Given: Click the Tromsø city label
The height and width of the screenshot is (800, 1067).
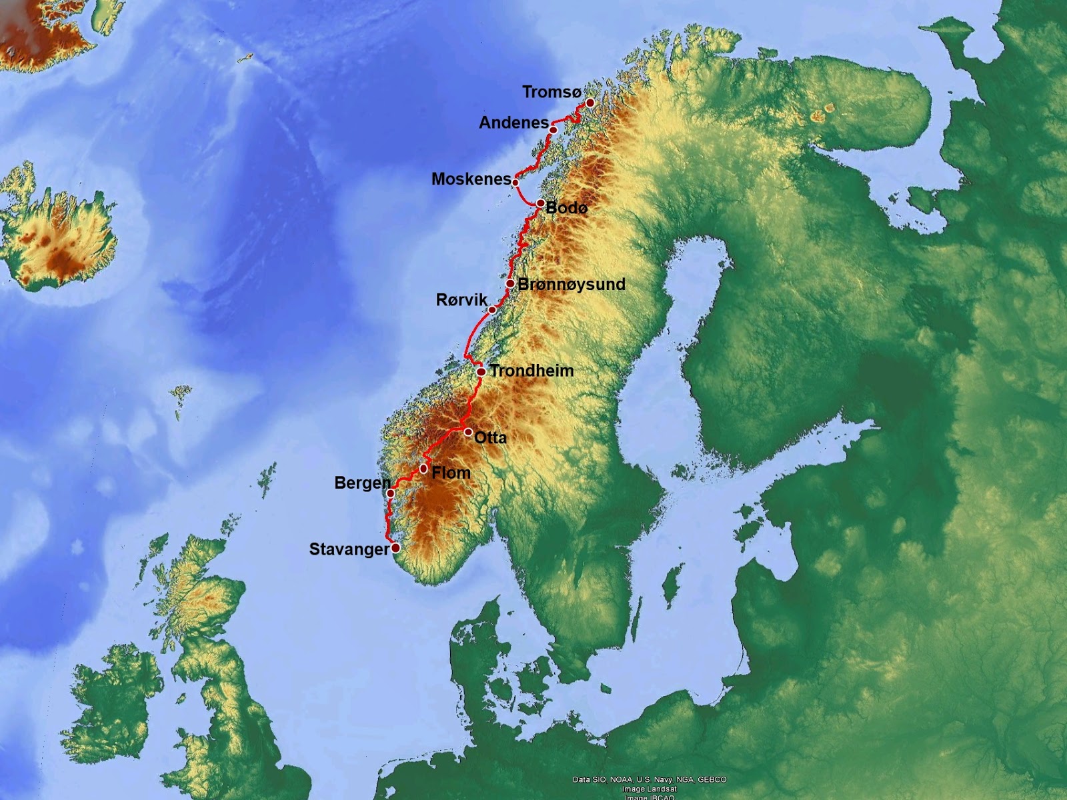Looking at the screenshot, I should pyautogui.click(x=552, y=92).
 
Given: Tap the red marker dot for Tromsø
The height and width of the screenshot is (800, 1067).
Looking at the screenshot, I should pyautogui.click(x=590, y=103).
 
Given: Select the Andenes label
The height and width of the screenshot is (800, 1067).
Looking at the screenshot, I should pyautogui.click(x=513, y=123).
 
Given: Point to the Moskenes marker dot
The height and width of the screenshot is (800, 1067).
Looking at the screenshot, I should pyautogui.click(x=515, y=182).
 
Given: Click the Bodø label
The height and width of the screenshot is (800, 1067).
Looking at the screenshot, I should pyautogui.click(x=566, y=208).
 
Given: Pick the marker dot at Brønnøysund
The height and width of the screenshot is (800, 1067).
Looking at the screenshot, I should pyautogui.click(x=510, y=284).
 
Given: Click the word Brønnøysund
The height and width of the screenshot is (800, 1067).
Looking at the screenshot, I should pyautogui.click(x=572, y=284).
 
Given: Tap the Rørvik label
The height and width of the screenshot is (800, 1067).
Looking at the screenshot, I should pyautogui.click(x=461, y=300).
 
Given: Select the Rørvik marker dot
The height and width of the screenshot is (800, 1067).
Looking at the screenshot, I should pyautogui.click(x=492, y=310).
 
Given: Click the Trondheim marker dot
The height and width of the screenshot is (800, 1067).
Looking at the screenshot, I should pyautogui.click(x=481, y=371).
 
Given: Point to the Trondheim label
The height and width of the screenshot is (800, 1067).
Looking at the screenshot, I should pyautogui.click(x=531, y=371).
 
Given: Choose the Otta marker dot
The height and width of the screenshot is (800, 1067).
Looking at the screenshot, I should pyautogui.click(x=468, y=432).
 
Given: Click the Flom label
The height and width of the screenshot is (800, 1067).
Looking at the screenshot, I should pyautogui.click(x=451, y=473).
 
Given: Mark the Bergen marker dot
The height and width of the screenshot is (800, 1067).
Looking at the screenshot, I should pyautogui.click(x=391, y=493).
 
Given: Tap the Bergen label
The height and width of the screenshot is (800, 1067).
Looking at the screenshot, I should pyautogui.click(x=362, y=483).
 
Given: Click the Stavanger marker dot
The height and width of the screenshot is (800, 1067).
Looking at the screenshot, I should pyautogui.click(x=395, y=548).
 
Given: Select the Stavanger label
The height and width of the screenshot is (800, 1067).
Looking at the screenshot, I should pyautogui.click(x=349, y=549).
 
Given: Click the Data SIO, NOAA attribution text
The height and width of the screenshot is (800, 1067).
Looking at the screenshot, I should pyautogui.click(x=649, y=779).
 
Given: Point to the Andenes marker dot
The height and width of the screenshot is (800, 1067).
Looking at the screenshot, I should pyautogui.click(x=554, y=129).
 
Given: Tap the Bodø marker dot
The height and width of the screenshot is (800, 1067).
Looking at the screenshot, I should pyautogui.click(x=540, y=203).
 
